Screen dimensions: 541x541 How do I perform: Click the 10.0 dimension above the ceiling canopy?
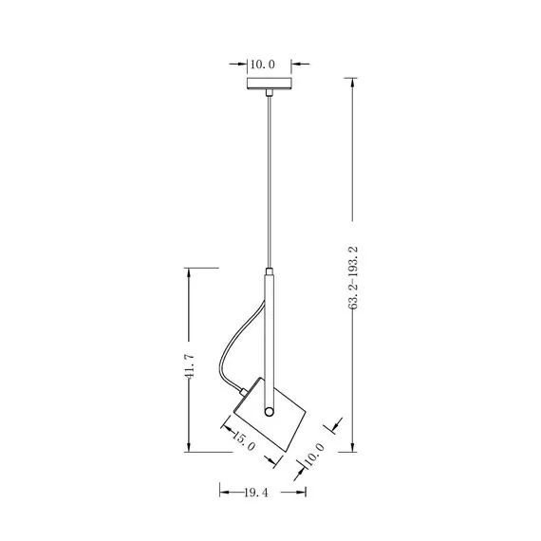262,65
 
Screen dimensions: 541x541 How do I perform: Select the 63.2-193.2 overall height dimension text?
353,278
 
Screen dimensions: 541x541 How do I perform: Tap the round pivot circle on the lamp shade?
270,413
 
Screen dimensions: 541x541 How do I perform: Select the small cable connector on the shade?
245,390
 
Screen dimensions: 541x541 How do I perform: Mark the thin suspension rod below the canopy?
270,180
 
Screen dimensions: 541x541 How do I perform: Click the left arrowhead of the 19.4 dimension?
223,492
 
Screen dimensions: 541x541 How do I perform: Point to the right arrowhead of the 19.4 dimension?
303,492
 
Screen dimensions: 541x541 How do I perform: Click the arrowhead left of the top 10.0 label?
242,65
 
